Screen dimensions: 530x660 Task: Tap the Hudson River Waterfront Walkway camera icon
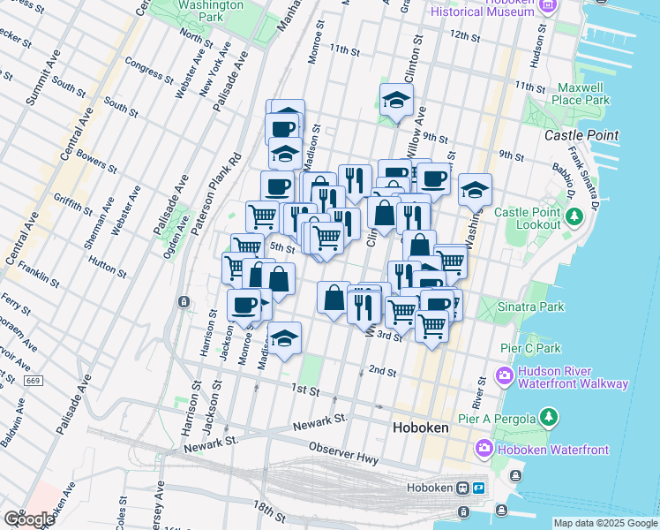[x=505, y=376]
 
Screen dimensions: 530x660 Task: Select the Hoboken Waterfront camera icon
[x=484, y=449]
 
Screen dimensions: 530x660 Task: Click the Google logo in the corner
[x=28, y=519]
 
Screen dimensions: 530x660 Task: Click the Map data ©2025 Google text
[x=604, y=523]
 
